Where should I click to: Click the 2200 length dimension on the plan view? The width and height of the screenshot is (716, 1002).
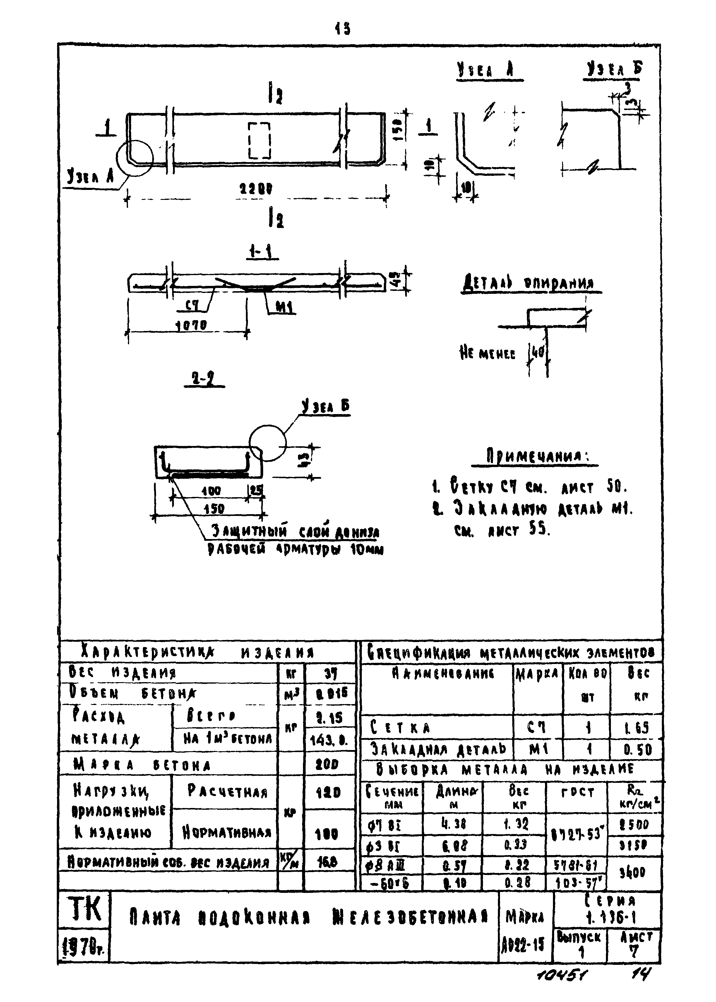[256, 189]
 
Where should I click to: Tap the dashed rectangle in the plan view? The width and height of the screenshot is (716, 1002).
[259, 140]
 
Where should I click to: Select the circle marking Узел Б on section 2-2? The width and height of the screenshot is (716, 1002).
[268, 443]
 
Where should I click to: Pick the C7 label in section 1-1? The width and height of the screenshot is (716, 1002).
[192, 305]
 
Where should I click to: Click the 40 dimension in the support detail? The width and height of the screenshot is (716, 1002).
[538, 352]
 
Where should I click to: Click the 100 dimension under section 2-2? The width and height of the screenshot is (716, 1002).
[211, 491]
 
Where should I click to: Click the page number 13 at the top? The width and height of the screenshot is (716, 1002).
[342, 29]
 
